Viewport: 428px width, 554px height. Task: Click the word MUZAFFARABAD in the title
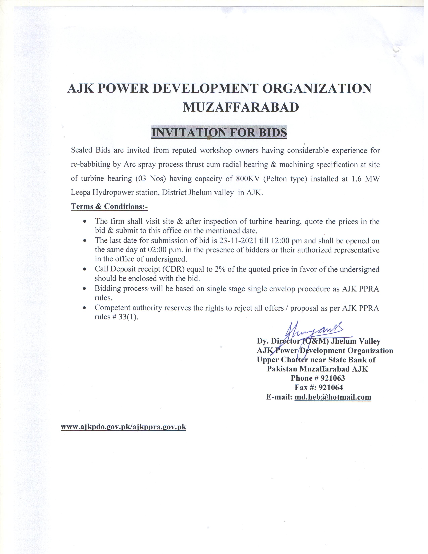[x=241, y=107]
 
